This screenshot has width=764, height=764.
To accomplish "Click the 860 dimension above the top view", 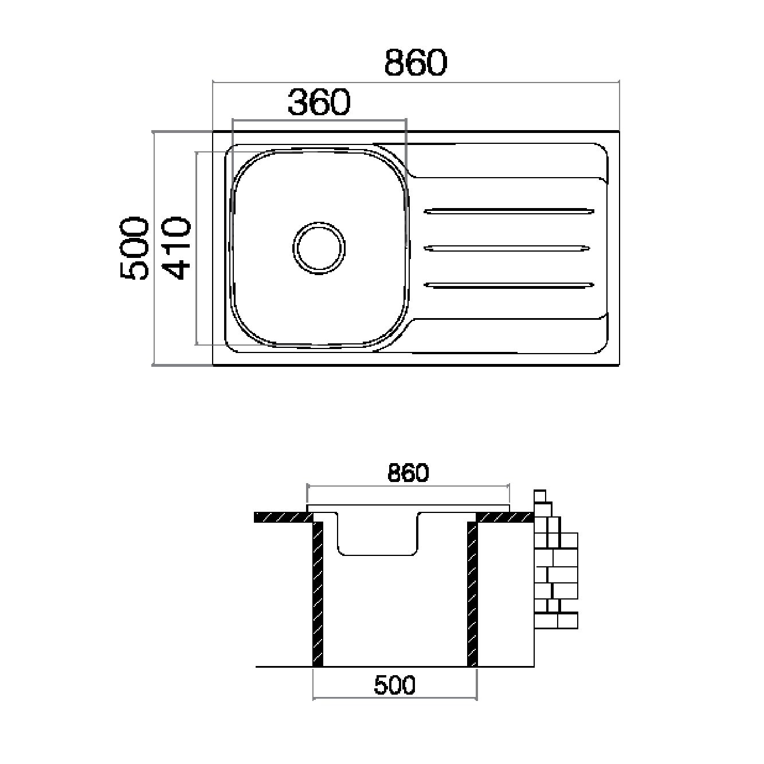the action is (x=416, y=62).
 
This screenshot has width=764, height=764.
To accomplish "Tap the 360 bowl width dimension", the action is (x=319, y=102).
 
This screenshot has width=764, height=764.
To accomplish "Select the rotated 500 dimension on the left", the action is (x=135, y=248).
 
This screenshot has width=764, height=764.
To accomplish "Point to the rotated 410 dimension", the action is (x=177, y=248).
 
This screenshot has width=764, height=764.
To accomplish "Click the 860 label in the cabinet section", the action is (x=408, y=472).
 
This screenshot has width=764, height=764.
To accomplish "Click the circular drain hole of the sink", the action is (x=319, y=248).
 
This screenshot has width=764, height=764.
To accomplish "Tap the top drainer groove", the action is (x=509, y=211).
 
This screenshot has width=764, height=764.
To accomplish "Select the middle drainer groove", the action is (x=507, y=248).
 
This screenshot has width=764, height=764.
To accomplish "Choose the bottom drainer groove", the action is (x=509, y=285).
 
